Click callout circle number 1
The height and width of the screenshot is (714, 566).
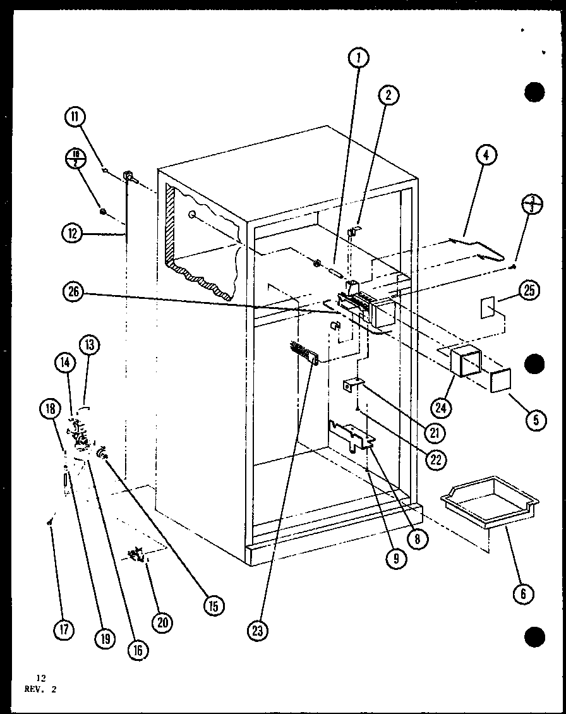coord(358,59)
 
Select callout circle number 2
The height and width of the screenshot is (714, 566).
coord(388,95)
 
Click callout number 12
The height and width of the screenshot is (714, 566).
coord(73,234)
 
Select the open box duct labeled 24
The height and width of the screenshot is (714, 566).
coord(465,362)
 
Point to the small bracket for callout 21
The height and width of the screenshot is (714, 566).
coord(352,385)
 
